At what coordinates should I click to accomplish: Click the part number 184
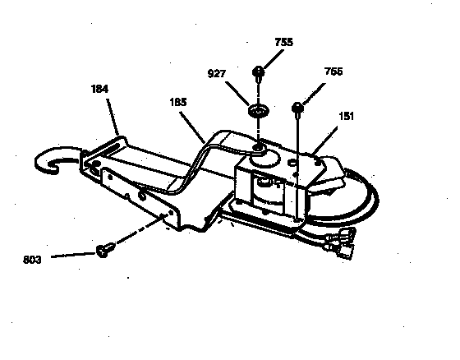(99, 89)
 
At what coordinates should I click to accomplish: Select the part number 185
(178, 102)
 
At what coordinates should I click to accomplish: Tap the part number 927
(217, 73)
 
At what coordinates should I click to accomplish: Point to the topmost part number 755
(284, 42)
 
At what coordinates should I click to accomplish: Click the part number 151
(347, 116)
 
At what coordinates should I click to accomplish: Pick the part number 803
(32, 260)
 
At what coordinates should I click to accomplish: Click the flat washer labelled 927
(259, 111)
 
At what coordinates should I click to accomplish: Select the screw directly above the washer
(258, 73)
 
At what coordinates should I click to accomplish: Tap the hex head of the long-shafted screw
(297, 108)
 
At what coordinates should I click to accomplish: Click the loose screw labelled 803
(105, 250)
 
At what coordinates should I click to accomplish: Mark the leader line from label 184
(113, 118)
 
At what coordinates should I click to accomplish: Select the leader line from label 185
(192, 127)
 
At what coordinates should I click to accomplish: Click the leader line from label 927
(237, 94)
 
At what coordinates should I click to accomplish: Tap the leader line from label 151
(324, 141)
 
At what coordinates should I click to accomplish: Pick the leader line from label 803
(73, 255)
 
